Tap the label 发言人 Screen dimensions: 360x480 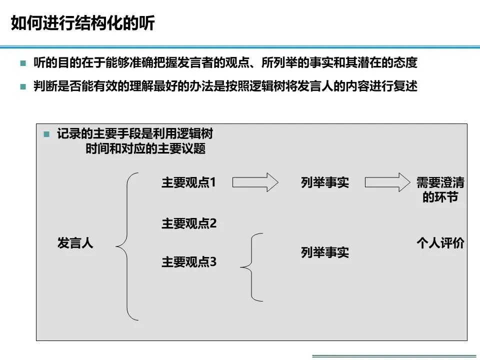coord(75,244)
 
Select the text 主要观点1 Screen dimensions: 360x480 coord(188,182)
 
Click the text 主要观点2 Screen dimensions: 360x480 coord(188,223)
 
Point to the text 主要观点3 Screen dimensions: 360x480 coord(188,261)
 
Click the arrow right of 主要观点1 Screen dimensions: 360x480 coord(255,182)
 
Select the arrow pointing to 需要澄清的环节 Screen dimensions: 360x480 coord(387,182)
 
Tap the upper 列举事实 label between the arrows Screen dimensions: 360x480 coord(325,183)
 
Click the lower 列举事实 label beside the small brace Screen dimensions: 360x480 coord(325,252)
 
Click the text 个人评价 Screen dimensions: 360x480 coord(440,243)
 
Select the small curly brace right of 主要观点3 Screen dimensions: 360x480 coord(252,267)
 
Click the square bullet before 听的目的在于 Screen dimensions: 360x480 coord(22,64)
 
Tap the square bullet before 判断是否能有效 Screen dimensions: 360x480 coord(22,86)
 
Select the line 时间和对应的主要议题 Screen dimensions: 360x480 coord(145,149)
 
